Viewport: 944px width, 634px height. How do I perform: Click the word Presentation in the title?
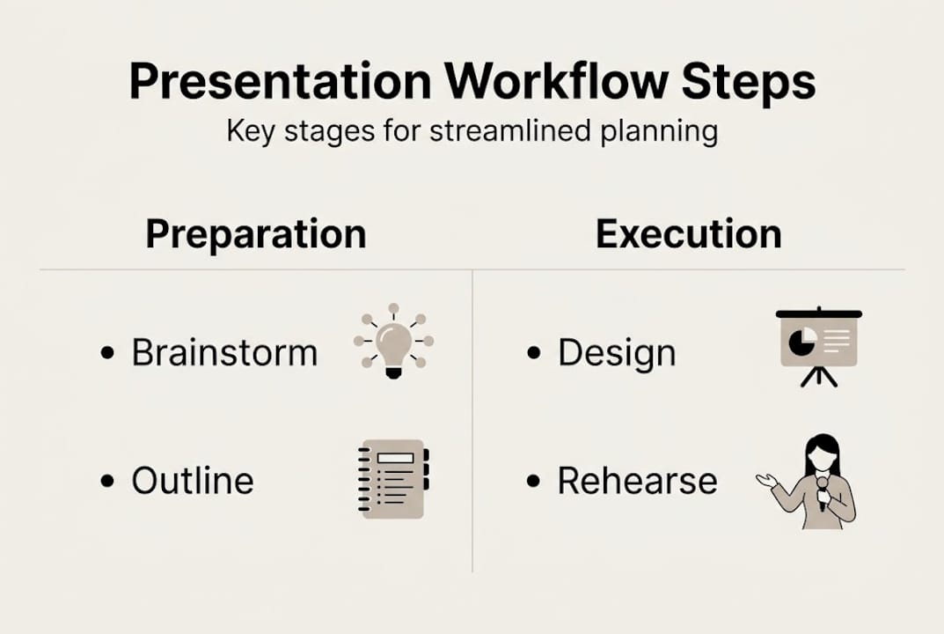(280, 82)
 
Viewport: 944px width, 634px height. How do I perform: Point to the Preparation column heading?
(255, 234)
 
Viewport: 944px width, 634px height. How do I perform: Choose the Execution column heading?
(688, 234)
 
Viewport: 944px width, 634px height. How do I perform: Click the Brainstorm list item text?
(224, 353)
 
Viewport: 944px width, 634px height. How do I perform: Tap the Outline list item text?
(193, 481)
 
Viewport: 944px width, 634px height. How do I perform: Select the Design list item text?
(617, 353)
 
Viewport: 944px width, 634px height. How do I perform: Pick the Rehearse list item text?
(637, 481)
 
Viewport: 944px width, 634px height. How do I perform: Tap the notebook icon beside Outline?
(393, 479)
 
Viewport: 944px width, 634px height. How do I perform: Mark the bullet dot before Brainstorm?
(107, 353)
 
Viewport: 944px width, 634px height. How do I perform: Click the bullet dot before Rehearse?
(533, 481)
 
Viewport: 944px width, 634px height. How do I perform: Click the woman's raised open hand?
(766, 480)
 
